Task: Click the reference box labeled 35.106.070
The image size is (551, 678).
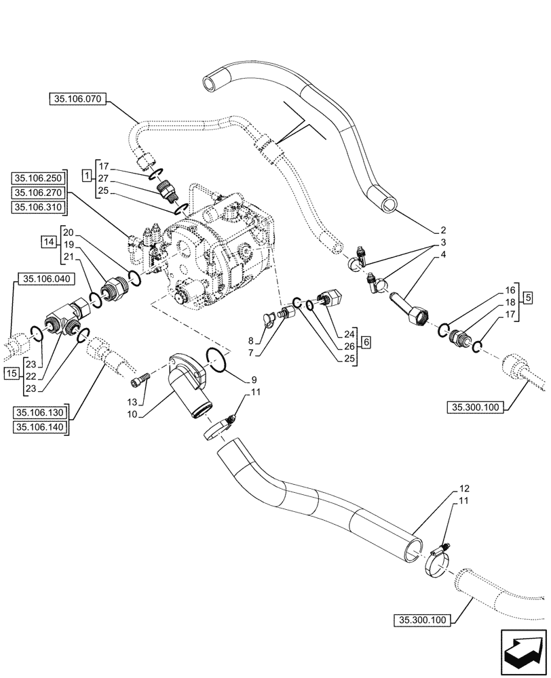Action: tap(76, 99)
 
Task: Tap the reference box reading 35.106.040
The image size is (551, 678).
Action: tap(46, 278)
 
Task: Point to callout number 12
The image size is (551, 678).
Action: tap(464, 488)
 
